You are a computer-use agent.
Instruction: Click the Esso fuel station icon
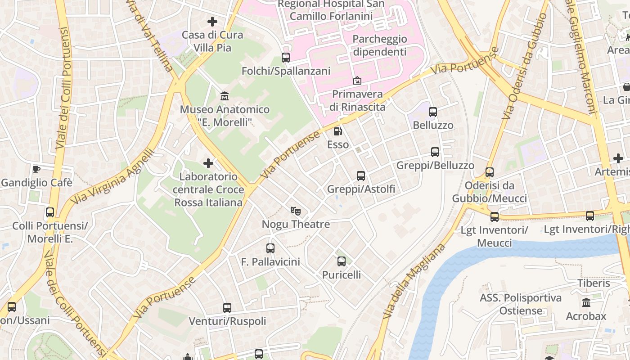337,131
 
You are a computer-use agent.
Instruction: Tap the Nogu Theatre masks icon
295,211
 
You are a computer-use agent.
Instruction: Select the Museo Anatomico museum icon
224,96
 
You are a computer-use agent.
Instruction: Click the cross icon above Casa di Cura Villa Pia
212,21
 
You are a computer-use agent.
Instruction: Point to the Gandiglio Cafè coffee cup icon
36,169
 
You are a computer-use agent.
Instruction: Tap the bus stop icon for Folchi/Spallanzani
286,58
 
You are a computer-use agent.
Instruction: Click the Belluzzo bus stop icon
433,112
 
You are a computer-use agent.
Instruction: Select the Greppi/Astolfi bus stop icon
361,176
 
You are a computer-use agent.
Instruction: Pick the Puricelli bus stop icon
342,261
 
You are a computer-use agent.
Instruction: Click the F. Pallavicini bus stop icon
270,248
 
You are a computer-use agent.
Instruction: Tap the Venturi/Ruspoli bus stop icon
227,308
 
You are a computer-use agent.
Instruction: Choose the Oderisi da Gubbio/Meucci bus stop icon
490,172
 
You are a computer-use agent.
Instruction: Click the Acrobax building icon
586,303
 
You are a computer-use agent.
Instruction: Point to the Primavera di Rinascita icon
357,81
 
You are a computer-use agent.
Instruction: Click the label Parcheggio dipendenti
379,45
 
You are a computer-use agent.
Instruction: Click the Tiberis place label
594,283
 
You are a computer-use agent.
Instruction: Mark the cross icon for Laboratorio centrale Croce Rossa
208,163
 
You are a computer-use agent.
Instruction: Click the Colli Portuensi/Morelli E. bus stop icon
50,212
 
